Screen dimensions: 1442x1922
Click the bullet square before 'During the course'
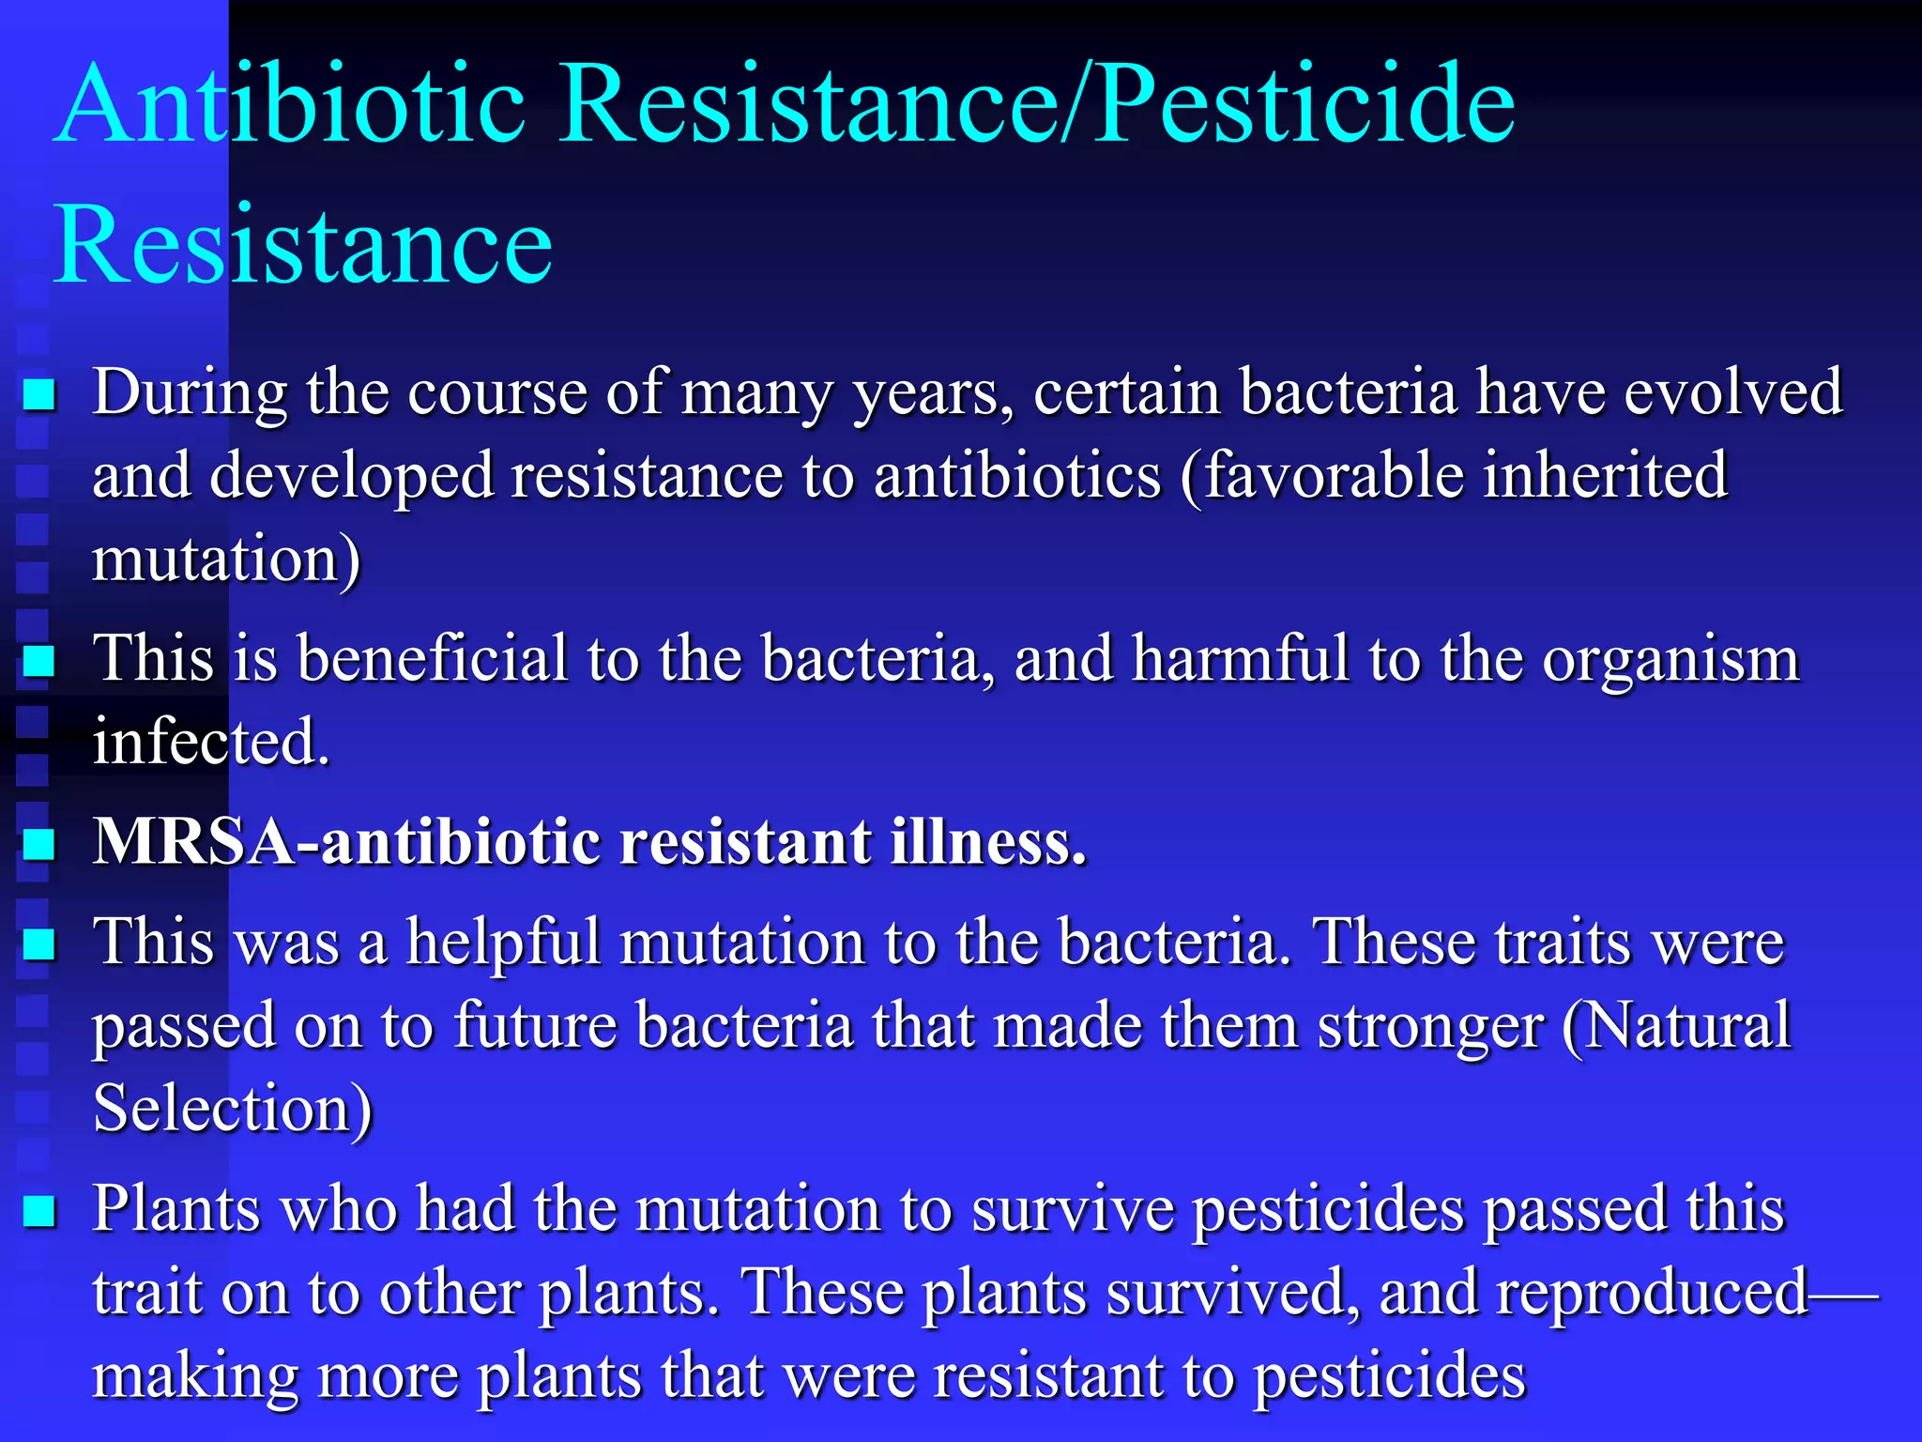pyautogui.click(x=39, y=395)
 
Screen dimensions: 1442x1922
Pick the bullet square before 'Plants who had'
pyautogui.click(x=39, y=1211)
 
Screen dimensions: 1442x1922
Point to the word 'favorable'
pyautogui.click(x=1333, y=475)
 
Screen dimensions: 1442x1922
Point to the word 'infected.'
pyautogui.click(x=211, y=743)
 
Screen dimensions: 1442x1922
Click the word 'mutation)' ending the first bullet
pyautogui.click(x=225, y=560)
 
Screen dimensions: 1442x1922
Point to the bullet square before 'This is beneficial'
pyautogui.click(x=39, y=662)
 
